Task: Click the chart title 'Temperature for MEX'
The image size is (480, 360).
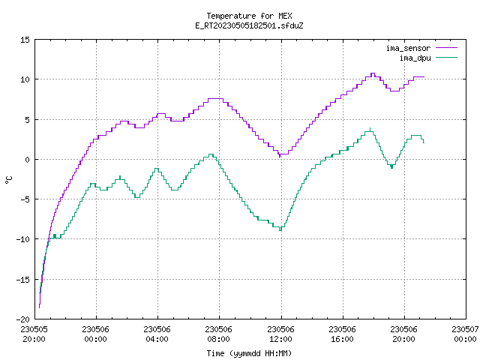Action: [249, 16]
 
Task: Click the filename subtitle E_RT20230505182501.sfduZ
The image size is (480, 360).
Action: [249, 25]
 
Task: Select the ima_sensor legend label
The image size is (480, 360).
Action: [408, 48]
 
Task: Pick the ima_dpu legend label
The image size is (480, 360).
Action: [415, 58]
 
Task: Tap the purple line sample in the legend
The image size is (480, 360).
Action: [446, 48]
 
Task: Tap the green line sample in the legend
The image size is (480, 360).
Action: [446, 58]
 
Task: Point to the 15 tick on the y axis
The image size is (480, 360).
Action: [25, 40]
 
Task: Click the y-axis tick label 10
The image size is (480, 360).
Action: [25, 79]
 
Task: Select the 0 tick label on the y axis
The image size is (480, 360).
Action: [28, 160]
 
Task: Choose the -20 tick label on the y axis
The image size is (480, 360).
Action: [23, 319]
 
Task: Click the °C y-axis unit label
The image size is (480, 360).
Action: [8, 180]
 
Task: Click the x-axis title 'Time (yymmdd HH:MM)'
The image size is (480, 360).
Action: [249, 353]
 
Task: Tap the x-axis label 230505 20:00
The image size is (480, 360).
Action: [34, 334]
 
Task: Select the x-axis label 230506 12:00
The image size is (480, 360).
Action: [280, 334]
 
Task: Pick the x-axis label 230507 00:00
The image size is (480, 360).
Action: [465, 334]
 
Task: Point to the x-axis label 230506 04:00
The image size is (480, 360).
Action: [157, 334]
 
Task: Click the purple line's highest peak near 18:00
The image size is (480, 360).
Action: [373, 73]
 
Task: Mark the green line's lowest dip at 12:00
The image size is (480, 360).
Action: [280, 230]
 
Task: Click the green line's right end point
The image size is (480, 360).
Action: [424, 143]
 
